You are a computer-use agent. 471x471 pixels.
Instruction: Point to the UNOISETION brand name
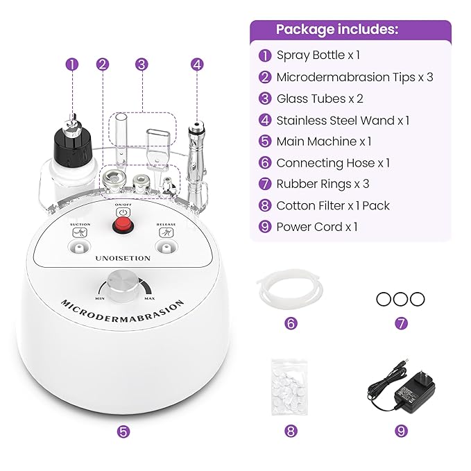[123, 259]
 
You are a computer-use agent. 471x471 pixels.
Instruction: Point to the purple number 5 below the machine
[123, 431]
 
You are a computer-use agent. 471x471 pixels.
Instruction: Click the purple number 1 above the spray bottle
[72, 64]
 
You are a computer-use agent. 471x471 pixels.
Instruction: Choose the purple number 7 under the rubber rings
[400, 323]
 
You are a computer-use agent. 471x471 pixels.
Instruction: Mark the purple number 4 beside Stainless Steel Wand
[265, 120]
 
